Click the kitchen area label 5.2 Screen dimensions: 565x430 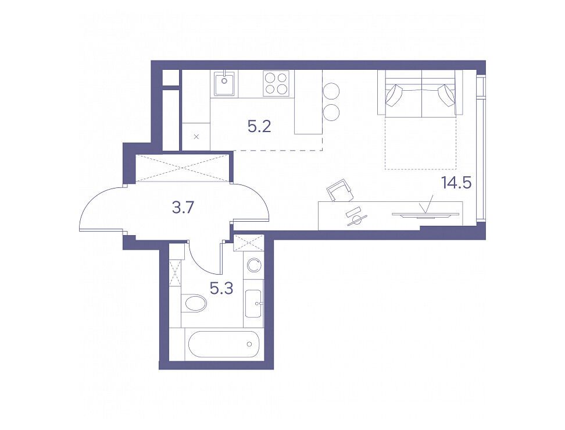[259, 127]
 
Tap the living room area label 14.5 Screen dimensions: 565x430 [456, 183]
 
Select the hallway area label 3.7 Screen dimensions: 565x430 [184, 208]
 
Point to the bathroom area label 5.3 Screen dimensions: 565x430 [221, 288]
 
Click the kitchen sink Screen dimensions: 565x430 [225, 83]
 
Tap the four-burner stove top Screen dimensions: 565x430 [276, 83]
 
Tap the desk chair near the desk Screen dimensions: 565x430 [340, 190]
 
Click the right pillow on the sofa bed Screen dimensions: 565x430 [447, 95]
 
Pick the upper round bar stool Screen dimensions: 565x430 [331, 91]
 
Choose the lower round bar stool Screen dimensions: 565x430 [331, 112]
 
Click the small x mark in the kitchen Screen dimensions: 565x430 [196, 136]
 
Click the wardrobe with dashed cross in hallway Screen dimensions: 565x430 [182, 168]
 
